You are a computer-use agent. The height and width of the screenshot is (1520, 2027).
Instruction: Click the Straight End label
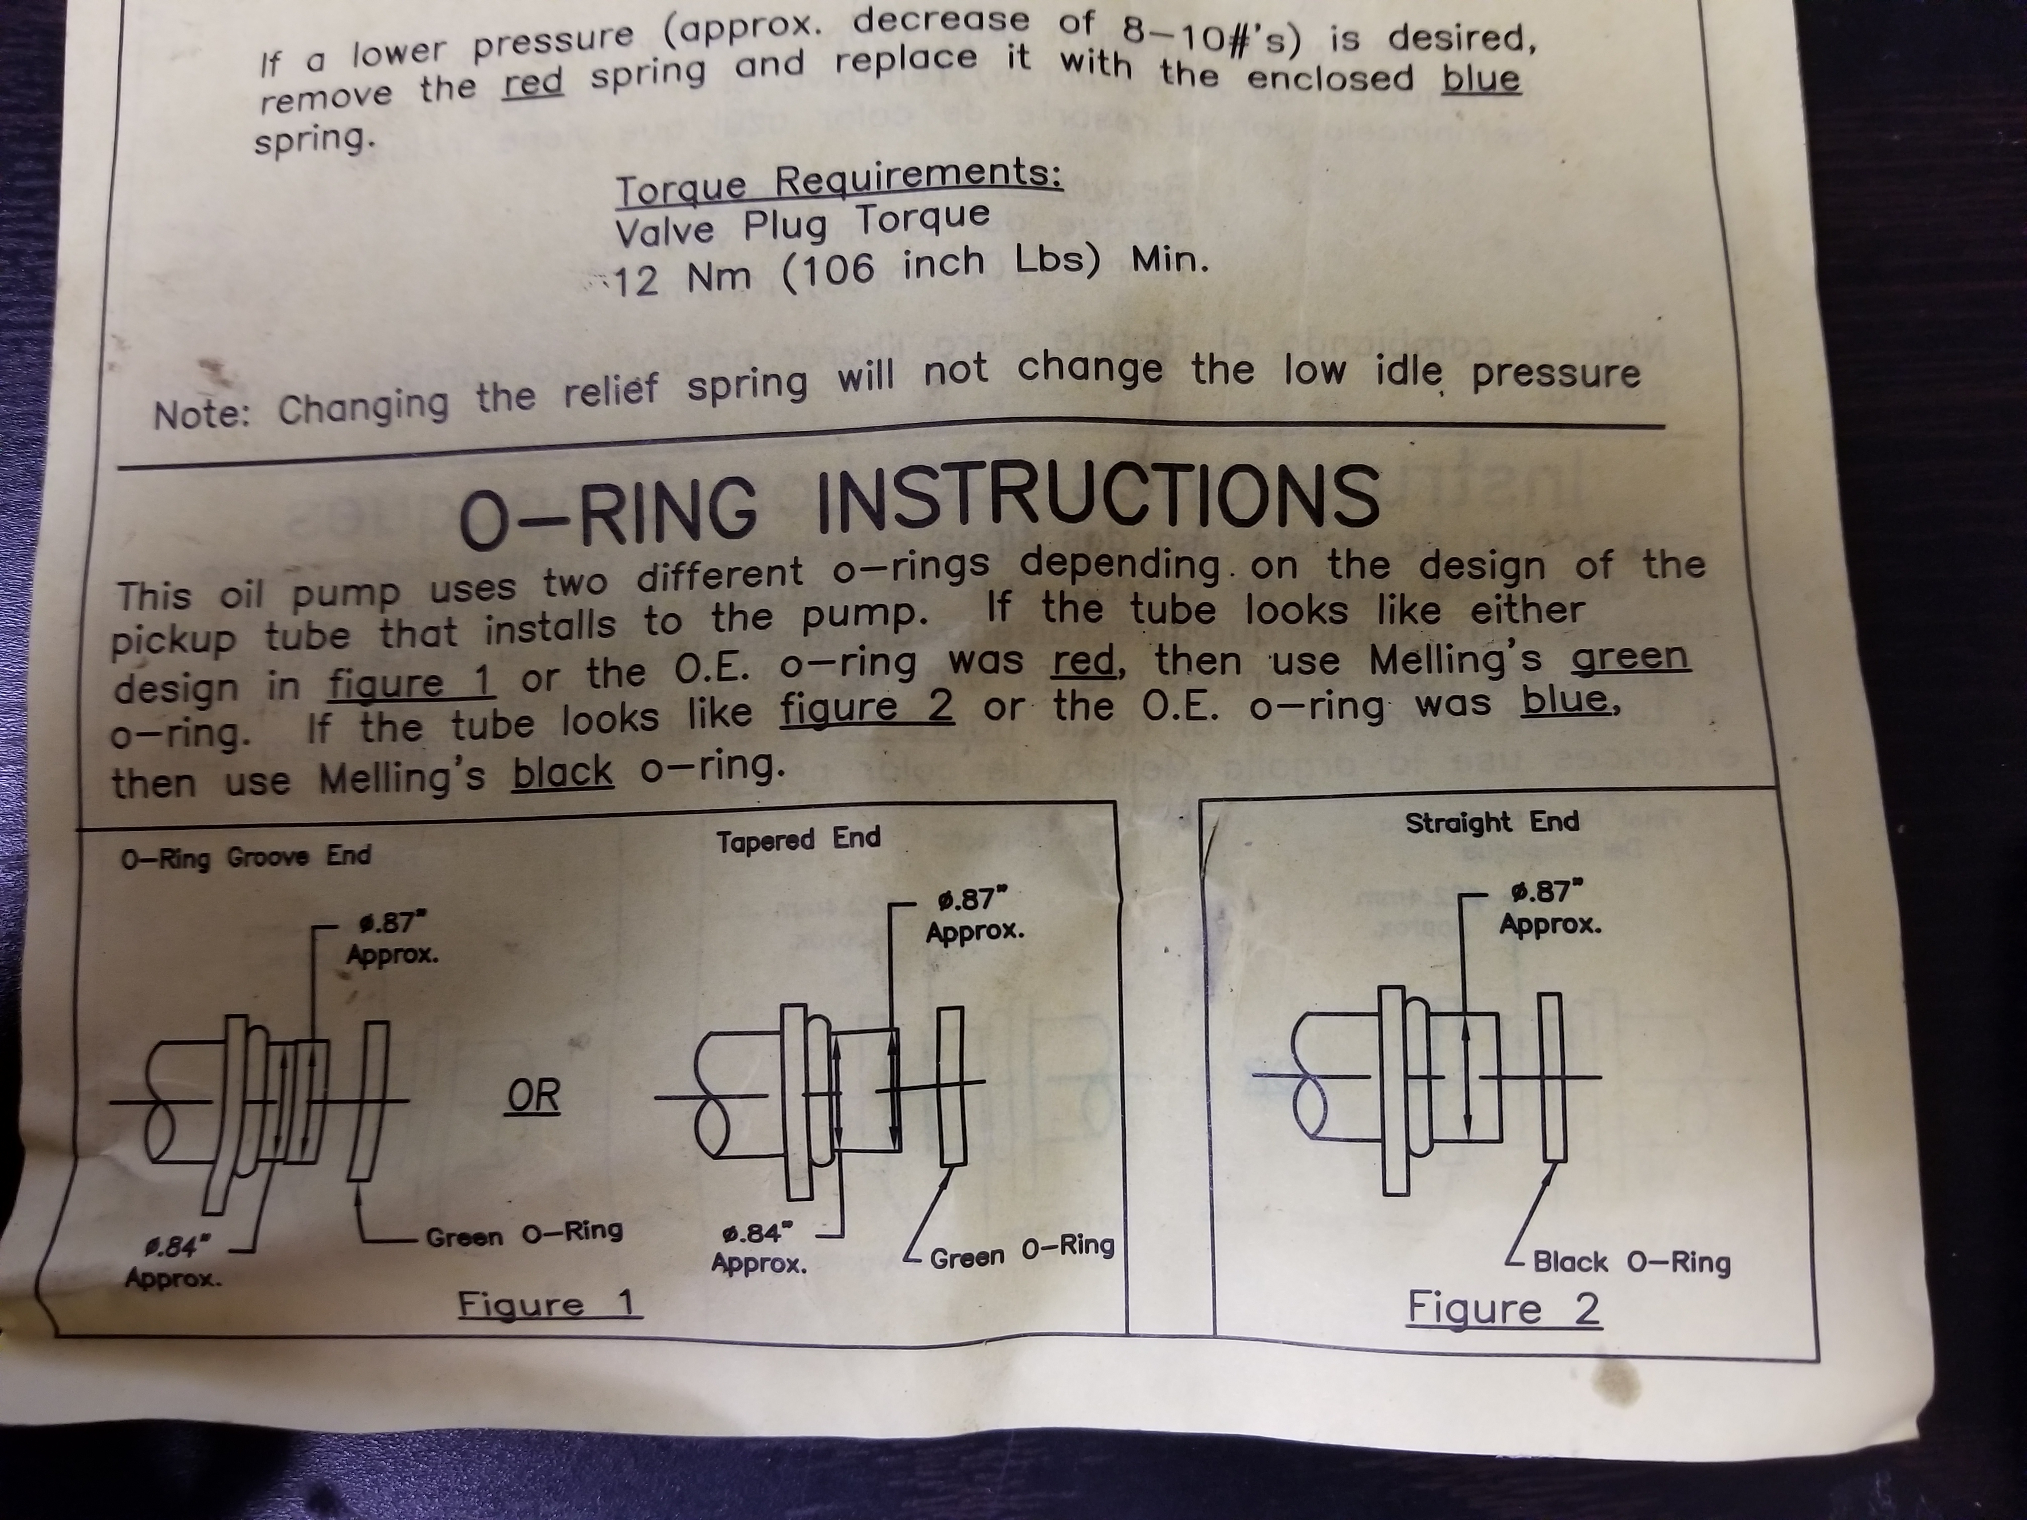(x=1492, y=822)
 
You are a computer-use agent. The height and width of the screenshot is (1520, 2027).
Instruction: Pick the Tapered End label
(x=798, y=840)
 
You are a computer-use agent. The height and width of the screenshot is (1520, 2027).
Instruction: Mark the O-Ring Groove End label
(x=246, y=858)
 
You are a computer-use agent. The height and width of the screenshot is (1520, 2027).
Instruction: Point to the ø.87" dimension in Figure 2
(x=1549, y=907)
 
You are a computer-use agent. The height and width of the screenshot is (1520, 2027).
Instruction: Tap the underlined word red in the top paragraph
(x=533, y=82)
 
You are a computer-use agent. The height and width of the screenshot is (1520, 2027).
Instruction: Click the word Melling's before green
(x=1455, y=659)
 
